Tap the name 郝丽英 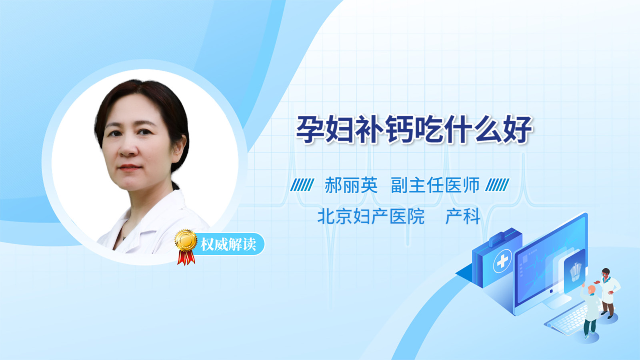click(351, 185)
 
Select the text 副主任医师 click(435, 185)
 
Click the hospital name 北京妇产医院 click(371, 216)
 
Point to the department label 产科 click(462, 216)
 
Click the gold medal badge click(186, 240)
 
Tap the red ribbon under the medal click(186, 258)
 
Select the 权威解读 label click(228, 244)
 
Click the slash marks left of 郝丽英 click(302, 185)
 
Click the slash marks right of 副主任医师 click(498, 185)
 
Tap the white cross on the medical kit click(502, 261)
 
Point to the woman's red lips click(130, 168)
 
